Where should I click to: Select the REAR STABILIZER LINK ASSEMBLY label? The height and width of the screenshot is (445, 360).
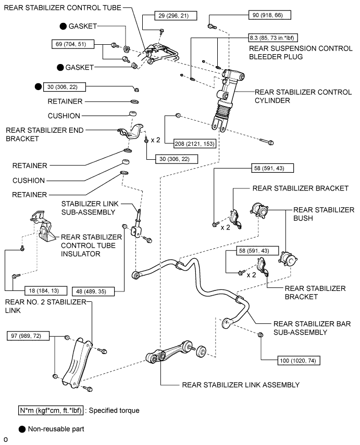241,386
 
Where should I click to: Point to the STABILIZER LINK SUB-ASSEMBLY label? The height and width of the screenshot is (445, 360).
92,208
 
